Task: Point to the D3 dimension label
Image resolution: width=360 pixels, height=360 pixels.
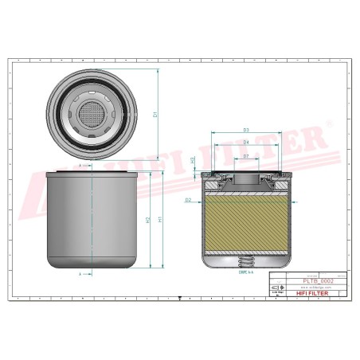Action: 246,130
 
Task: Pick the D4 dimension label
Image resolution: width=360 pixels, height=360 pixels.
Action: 246,143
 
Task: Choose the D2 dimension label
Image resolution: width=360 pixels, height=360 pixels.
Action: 188,200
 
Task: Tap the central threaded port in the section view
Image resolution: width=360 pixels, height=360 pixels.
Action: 246,182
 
